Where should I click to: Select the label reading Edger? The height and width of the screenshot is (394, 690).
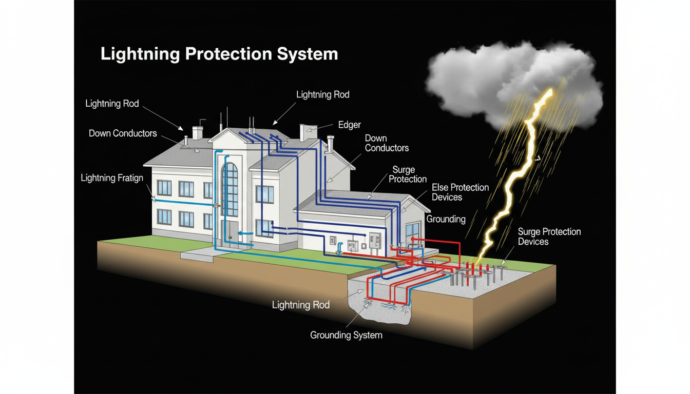click(x=349, y=125)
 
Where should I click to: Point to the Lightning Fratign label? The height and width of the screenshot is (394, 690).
click(x=112, y=178)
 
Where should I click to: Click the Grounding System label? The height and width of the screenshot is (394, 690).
click(x=346, y=335)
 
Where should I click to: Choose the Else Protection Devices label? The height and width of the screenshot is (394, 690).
click(x=460, y=192)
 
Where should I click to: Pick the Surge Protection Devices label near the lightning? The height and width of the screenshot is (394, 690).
click(x=549, y=237)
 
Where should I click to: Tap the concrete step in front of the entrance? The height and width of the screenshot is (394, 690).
click(x=196, y=253)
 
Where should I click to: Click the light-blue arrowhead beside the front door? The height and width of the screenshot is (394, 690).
click(x=243, y=233)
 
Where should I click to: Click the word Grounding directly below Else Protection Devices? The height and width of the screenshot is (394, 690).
click(x=446, y=219)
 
